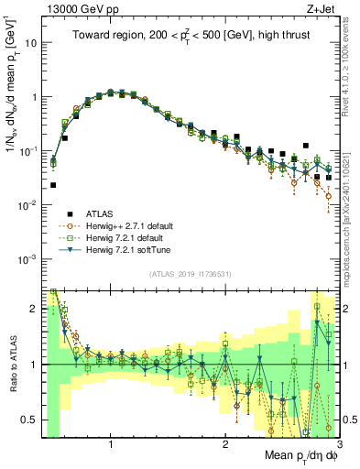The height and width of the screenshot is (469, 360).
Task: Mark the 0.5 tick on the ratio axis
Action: [x=29, y=420]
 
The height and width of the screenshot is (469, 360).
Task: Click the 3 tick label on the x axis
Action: [x=337, y=444]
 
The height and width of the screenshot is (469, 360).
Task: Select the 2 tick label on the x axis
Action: [x=224, y=444]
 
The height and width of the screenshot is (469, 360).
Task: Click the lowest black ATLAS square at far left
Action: [x=53, y=185]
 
